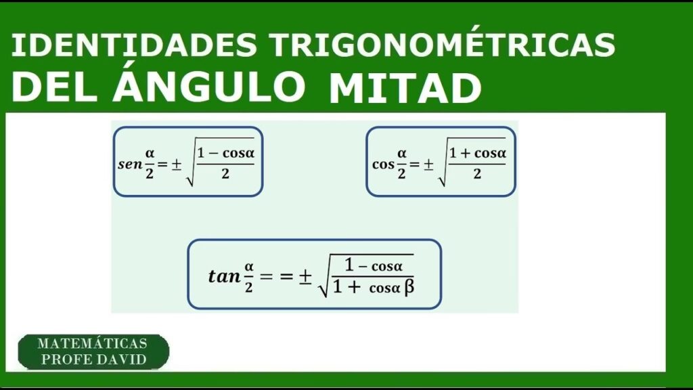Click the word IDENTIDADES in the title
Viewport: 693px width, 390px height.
tap(133, 45)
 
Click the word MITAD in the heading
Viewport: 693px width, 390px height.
tap(405, 88)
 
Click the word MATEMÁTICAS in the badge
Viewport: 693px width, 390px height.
tap(92, 343)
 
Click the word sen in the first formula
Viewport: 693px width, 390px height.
tap(130, 165)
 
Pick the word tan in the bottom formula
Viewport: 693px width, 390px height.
tap(225, 276)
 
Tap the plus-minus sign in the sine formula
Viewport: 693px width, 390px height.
tap(177, 165)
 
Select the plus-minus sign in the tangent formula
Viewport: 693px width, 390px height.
tap(305, 277)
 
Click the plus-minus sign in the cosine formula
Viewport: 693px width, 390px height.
tap(428, 165)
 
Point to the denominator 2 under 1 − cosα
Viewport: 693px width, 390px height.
tap(225, 174)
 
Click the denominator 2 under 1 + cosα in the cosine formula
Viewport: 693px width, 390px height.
tap(477, 174)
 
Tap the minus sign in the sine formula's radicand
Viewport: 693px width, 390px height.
tap(214, 154)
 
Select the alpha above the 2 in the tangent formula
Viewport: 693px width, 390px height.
tap(249, 267)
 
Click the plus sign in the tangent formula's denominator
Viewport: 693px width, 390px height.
tap(353, 288)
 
